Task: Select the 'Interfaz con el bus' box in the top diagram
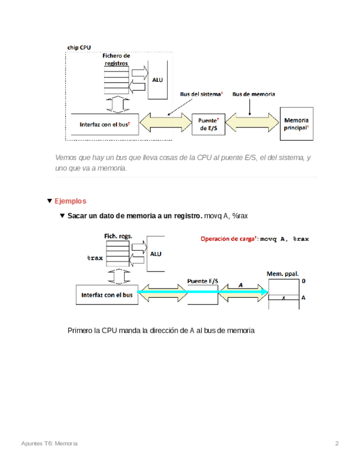pos(104,125)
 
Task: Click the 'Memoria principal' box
pos(297,124)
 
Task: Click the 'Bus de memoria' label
pos(254,94)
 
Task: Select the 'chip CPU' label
pos(79,48)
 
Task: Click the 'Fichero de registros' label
pos(117,59)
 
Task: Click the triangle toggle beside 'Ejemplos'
pos(50,201)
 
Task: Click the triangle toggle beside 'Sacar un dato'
pos(62,215)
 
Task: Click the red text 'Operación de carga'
pos(228,239)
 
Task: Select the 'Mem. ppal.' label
pos(283,273)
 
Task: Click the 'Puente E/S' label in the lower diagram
pos(202,281)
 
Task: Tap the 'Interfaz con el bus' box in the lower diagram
pos(107,295)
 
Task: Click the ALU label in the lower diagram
pos(156,254)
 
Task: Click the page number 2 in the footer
pos(337,443)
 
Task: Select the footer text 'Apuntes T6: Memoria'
pos(49,443)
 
